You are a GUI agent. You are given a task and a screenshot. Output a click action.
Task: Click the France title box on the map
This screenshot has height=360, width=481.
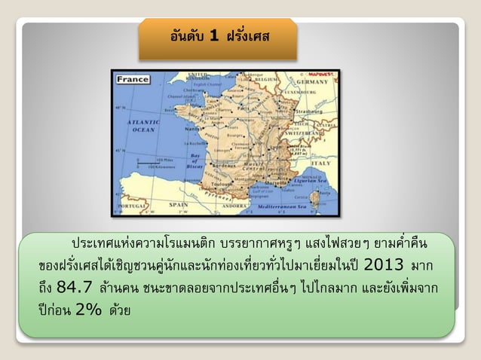click(132, 79)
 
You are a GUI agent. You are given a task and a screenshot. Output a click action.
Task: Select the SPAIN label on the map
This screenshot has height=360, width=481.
click(179, 203)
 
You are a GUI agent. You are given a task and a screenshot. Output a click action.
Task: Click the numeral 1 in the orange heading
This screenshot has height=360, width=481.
click(214, 35)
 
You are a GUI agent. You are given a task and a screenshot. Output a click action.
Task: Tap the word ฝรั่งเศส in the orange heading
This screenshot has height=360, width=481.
click(248, 35)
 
